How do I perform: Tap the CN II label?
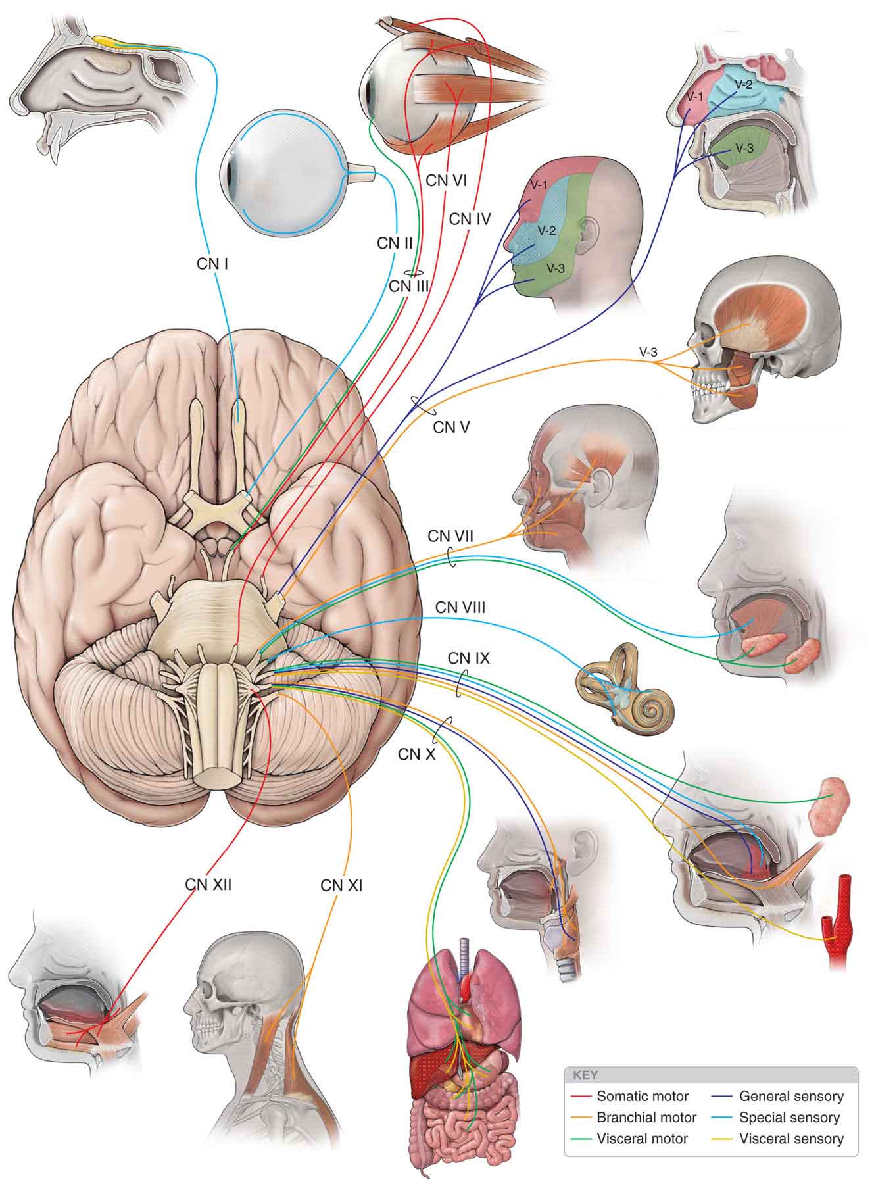pos(395,243)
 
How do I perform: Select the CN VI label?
pos(446,180)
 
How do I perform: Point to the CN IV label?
pos(470,218)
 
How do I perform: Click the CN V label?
pos(451,427)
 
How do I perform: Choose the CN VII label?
pos(450,536)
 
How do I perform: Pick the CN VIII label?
pos(460,607)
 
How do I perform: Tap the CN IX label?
pos(469,658)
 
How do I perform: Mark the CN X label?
pos(417,754)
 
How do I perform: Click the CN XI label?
pos(341,885)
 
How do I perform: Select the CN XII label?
pos(208,885)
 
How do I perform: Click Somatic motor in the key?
pos(642,1096)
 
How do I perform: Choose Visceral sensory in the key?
pos(791,1139)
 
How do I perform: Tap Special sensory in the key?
pos(789,1117)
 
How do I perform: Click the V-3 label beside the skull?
pos(648,352)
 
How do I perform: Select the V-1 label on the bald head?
pos(539,185)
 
